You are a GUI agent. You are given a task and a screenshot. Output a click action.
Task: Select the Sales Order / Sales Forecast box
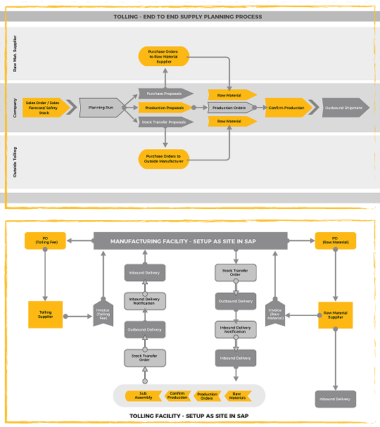[46, 108]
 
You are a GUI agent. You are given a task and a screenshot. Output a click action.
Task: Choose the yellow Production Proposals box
[165, 108]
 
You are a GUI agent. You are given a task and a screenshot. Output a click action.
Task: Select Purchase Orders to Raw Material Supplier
[164, 56]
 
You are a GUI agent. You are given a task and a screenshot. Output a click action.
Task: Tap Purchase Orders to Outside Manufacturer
[164, 158]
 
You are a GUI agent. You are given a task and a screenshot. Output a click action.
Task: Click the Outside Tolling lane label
[15, 162]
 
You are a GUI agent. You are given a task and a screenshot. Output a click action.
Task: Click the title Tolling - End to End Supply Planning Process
[188, 16]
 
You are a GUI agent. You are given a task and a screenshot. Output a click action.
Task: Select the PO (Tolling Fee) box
[46, 241]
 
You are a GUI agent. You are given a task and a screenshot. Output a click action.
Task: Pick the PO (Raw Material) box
[335, 241]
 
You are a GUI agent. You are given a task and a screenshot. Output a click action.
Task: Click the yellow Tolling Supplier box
[46, 314]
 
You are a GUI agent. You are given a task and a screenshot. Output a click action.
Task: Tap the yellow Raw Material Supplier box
[335, 314]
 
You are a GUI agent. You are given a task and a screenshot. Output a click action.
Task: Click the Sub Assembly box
[143, 395]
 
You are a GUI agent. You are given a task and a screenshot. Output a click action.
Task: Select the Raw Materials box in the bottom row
[238, 395]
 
